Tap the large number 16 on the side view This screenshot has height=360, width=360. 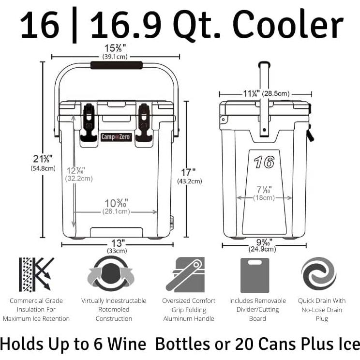coord(264,162)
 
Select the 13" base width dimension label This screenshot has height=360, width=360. coord(117,243)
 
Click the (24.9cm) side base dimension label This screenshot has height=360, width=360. coord(263,249)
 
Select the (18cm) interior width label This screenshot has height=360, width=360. coord(264,197)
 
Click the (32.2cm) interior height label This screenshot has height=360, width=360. coord(78,178)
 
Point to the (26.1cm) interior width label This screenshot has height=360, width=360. coord(116,211)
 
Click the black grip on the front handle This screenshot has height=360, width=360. coord(116,65)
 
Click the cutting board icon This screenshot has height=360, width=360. coord(255,275)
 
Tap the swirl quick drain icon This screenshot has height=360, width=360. coord(319,274)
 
